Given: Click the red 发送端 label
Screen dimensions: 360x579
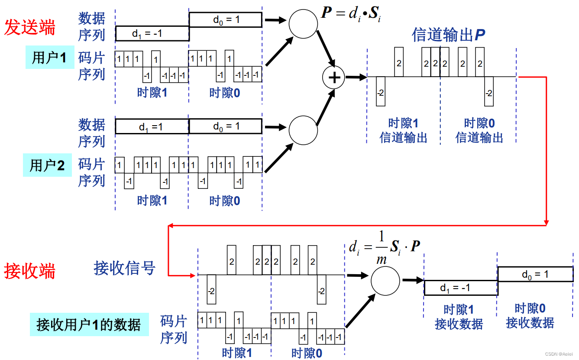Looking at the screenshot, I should coord(30,27).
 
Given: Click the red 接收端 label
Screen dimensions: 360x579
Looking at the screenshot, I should coord(30,271).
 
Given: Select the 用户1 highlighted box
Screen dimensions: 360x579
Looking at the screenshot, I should coord(49,57).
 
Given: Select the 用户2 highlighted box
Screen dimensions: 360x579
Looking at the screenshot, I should coord(47,165).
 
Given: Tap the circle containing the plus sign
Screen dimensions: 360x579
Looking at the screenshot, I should coord(333,78).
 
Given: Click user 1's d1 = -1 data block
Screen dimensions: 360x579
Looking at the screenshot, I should coord(152,33).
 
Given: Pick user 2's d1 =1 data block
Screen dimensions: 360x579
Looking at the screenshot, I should coord(152,126).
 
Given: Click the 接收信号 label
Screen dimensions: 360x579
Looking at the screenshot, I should coord(124,268).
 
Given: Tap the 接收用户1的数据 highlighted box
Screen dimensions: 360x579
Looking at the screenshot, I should coord(89,324).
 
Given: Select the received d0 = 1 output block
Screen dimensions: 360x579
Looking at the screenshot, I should coord(535,274).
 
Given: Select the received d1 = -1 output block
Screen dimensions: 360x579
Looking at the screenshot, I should coord(461,288).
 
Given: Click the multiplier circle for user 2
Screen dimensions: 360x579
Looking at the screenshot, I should coord(304,130).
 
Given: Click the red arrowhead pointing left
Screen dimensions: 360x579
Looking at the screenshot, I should coord(171,225).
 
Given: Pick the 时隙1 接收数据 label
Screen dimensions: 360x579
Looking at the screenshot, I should coord(459,317).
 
